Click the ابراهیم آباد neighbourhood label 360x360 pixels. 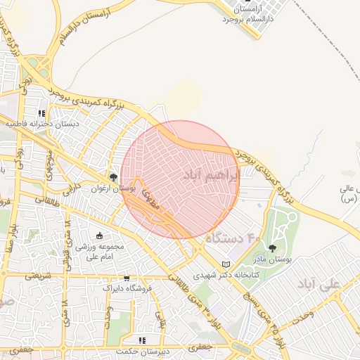coord(211,174)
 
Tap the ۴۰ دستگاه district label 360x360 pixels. coord(232,239)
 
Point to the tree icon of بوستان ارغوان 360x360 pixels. coord(113,177)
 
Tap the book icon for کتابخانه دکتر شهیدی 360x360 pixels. coord(225,264)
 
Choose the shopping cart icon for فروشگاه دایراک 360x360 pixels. coord(126,278)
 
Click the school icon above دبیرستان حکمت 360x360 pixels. coord(143,340)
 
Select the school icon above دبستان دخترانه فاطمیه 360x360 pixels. coord(41,112)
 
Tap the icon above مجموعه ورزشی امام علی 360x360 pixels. coord(99,236)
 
